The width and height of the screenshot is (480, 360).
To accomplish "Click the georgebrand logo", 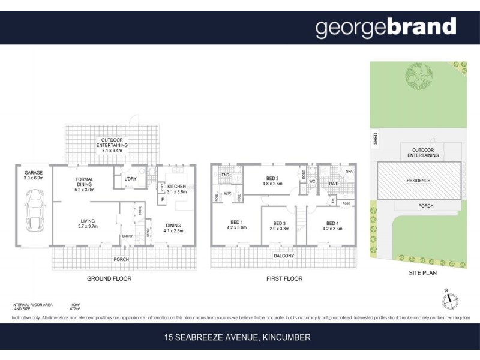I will point(386,27).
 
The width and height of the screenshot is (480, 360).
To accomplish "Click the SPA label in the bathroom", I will point(349,172).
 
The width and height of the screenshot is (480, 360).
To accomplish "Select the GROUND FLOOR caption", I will point(109,278).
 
